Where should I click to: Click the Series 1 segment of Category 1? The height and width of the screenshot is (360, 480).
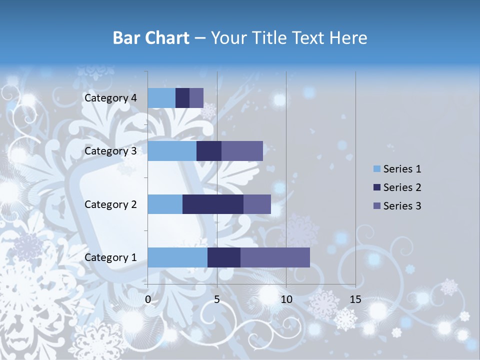coord(177,257)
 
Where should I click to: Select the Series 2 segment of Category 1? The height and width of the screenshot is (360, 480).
coord(224,257)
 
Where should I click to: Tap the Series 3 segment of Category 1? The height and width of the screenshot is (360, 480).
coord(275,257)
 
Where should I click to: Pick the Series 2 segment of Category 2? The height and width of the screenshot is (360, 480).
coord(213,204)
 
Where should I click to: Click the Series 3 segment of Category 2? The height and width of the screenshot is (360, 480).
coord(257,204)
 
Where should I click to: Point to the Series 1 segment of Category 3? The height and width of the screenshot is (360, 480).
coord(172,151)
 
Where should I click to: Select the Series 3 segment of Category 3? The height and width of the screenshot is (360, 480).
coord(242,151)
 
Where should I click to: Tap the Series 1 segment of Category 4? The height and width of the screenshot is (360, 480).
coord(161,98)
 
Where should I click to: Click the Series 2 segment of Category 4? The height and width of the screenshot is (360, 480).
coord(182,98)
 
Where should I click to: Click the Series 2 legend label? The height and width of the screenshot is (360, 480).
coord(402,187)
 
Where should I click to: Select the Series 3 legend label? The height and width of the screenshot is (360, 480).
coord(402,205)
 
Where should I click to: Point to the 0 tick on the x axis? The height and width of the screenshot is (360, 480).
coord(148,299)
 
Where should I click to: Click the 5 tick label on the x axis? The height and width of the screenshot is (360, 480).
coord(217,299)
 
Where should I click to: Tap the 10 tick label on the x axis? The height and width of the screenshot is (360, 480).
coord(286,299)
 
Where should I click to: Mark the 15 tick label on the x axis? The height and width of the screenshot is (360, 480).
coord(355,299)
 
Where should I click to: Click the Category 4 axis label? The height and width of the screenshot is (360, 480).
coord(110,98)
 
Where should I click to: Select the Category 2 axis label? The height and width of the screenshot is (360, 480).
coord(110,204)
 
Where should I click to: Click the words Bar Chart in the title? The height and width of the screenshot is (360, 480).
coord(150,38)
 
